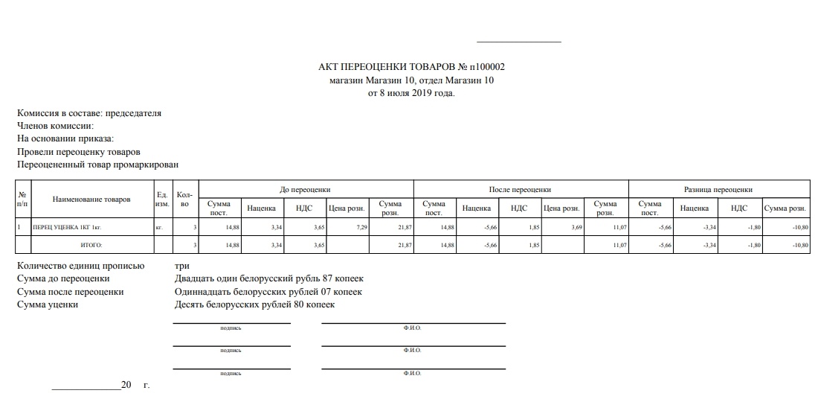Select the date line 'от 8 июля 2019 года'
point(411,93)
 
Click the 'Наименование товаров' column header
point(91,199)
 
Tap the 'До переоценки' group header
point(305,189)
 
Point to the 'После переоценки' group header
point(520,189)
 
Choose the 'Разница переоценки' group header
point(718,189)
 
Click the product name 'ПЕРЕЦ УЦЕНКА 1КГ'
point(66,226)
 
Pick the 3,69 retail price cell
point(576,226)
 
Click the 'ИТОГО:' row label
point(91,244)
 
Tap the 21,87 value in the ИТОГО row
point(404,244)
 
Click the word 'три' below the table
point(182,266)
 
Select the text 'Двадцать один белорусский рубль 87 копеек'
point(269,278)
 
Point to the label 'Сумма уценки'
point(48,304)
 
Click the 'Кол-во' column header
point(185,199)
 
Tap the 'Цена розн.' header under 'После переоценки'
point(561,208)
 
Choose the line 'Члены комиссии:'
point(56,126)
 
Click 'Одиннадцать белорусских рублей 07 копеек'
point(268,292)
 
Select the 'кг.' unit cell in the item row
point(159,226)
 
